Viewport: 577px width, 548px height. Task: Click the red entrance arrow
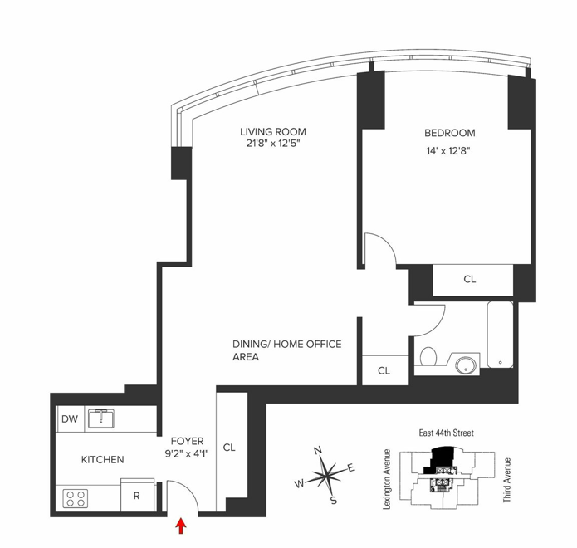[181, 526]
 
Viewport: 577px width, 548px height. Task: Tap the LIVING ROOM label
[273, 132]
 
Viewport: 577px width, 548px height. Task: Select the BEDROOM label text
[450, 133]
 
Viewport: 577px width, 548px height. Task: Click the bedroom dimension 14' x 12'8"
[448, 151]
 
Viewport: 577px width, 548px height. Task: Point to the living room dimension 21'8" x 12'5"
[273, 144]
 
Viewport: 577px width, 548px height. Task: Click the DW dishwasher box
[71, 418]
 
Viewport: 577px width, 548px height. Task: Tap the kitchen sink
[101, 418]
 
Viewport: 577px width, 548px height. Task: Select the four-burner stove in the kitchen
[76, 498]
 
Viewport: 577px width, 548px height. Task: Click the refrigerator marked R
[137, 495]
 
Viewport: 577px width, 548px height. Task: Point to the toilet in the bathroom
[428, 356]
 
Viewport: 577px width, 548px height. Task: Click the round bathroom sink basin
[467, 365]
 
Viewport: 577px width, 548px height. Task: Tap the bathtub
[500, 335]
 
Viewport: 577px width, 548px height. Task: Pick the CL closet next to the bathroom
[385, 370]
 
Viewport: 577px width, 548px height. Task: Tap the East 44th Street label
[447, 433]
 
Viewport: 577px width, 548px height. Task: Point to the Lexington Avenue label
[386, 479]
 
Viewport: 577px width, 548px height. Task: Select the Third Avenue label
[507, 480]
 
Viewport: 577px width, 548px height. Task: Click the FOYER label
[188, 441]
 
